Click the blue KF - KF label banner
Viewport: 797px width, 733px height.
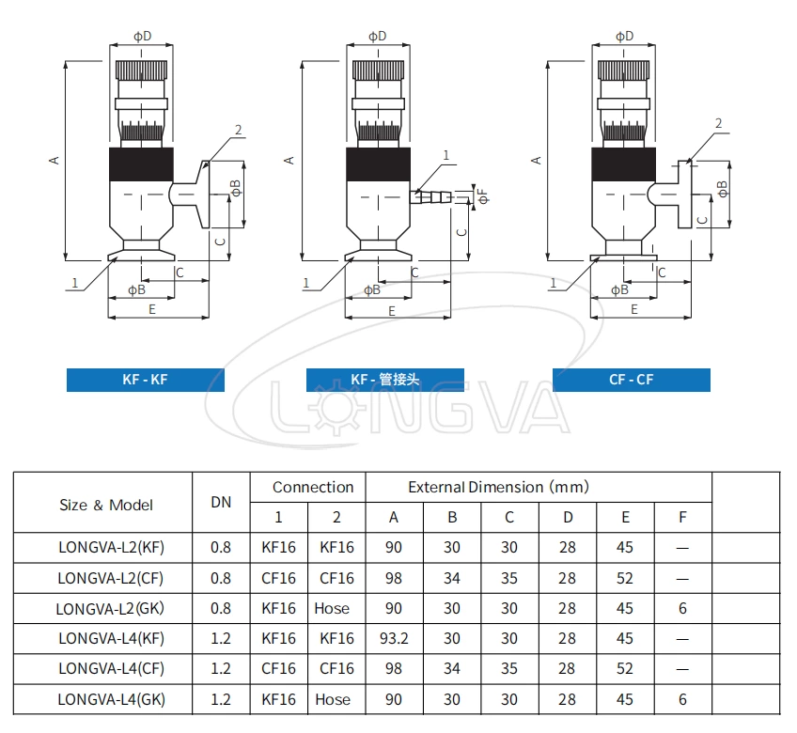145,380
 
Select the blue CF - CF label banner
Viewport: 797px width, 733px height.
631,380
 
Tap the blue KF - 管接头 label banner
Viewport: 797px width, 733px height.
385,380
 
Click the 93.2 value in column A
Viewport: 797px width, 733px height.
394,638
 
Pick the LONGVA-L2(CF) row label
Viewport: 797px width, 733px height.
110,578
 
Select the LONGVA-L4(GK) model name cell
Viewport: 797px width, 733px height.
111,699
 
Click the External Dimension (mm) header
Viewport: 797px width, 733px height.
498,487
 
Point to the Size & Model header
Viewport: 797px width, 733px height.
105,505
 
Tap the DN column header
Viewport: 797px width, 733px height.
221,502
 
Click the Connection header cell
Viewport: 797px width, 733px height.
313,487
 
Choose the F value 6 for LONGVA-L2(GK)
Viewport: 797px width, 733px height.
682,608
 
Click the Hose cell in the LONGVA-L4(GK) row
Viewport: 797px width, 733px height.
332,699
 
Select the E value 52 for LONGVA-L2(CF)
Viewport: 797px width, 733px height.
625,578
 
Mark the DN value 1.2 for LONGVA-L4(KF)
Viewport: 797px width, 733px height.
221,638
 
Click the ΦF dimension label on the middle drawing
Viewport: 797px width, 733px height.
483,195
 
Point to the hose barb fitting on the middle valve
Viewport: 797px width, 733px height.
431,196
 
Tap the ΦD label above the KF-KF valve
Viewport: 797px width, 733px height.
141,36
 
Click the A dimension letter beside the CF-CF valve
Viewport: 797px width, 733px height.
537,160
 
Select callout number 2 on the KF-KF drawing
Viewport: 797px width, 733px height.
239,130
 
